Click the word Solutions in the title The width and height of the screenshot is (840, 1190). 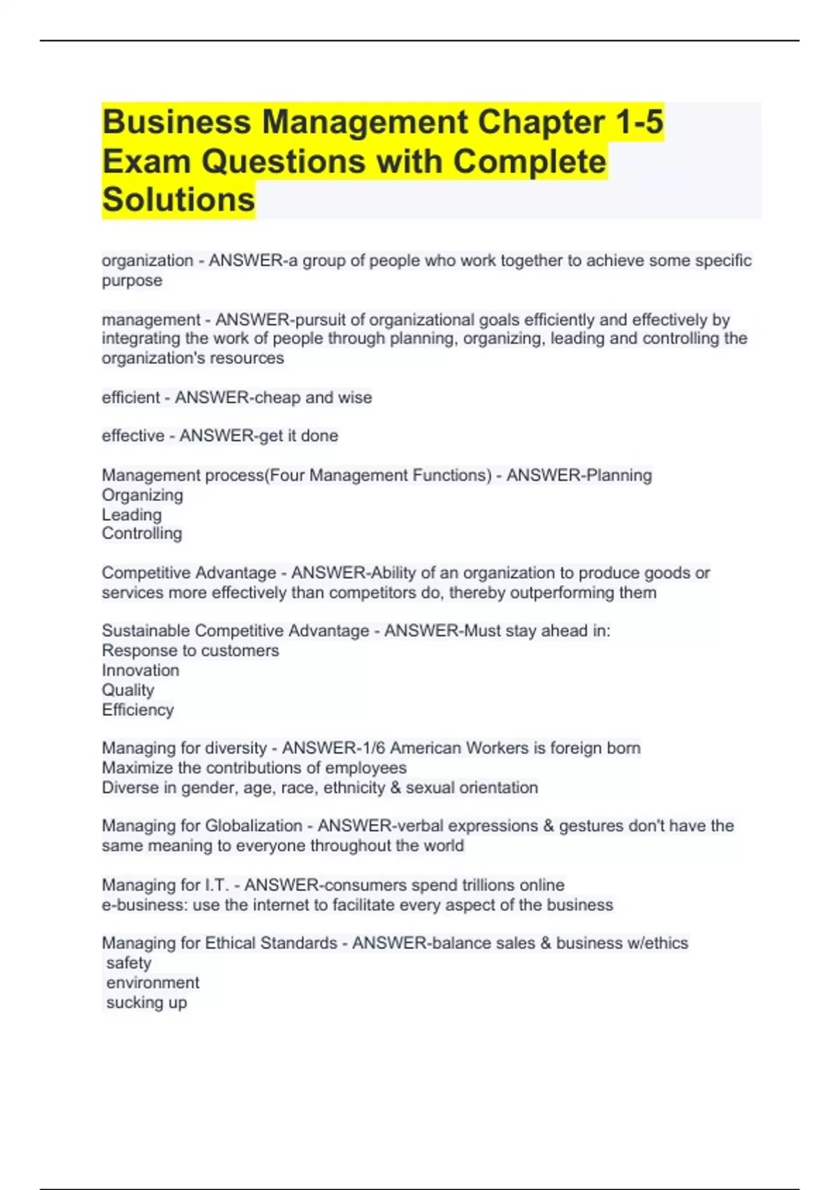[178, 199]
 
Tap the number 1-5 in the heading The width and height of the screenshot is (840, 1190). [639, 122]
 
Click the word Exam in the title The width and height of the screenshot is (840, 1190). [146, 161]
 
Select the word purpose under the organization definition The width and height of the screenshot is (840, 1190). [132, 281]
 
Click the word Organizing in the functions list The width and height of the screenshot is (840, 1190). [142, 496]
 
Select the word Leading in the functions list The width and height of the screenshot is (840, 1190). [132, 515]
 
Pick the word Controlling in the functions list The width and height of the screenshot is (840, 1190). [141, 534]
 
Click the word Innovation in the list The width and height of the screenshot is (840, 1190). [140, 671]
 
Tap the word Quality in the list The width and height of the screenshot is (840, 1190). [127, 690]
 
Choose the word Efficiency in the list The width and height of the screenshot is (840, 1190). [137, 710]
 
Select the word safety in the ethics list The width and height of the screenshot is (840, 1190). [129, 963]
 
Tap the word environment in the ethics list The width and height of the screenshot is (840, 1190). [153, 983]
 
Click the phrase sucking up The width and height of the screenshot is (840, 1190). [146, 1002]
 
